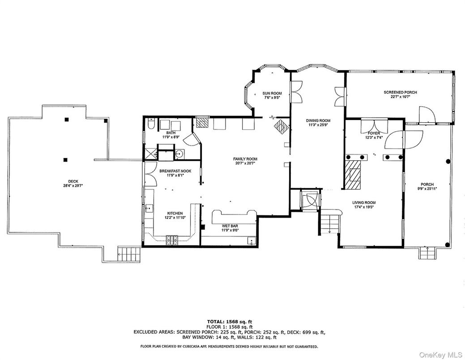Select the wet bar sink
[x=252, y=240]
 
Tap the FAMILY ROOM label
[x=245, y=159]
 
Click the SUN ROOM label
[x=272, y=94]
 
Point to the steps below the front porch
[x=427, y=253]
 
